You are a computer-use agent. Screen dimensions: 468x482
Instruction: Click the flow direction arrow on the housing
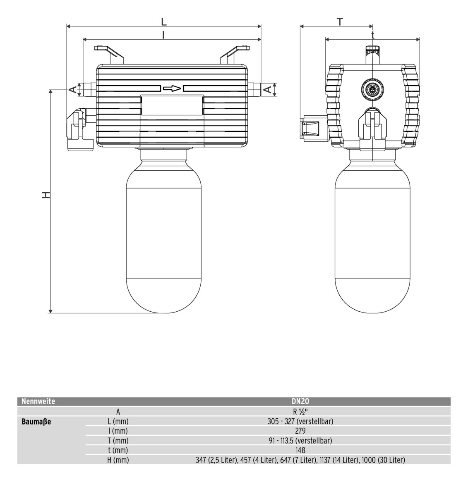172,88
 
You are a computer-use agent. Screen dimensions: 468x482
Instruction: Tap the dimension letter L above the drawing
164,22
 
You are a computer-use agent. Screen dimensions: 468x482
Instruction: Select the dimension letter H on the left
46,195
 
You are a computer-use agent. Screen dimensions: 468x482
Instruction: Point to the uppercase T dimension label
340,22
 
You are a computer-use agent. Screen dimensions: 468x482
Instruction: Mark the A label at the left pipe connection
72,89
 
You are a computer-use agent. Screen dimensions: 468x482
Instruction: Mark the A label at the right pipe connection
268,89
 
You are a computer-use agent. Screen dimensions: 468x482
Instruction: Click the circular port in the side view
372,89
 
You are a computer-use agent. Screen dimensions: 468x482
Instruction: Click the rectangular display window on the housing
172,105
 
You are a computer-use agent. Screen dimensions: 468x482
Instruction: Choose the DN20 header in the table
300,401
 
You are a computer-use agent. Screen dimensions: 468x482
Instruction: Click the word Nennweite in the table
38,401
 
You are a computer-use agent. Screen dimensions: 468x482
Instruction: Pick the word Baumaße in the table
36,422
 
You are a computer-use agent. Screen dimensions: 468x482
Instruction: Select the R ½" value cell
300,412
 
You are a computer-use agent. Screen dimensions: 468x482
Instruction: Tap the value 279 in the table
300,431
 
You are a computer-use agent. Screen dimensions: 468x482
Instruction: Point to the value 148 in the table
300,450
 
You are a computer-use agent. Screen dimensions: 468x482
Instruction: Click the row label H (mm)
118,460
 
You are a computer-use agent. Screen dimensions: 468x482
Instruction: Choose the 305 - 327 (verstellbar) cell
300,422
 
